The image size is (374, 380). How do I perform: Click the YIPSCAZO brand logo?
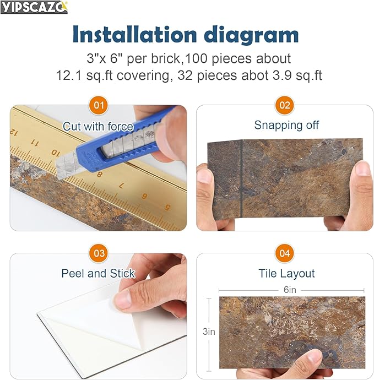tap(34, 7)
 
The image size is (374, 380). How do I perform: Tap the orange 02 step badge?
tap(285, 105)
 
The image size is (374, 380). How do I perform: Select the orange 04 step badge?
tap(285, 253)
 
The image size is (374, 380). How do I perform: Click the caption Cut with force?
tap(98, 127)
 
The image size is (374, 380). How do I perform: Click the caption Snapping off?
tap(286, 126)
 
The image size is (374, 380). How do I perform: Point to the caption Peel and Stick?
tap(98, 274)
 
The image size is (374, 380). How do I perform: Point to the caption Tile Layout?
tap(286, 274)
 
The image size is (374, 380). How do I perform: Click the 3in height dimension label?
tap(209, 332)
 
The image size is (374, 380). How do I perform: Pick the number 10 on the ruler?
tap(55, 151)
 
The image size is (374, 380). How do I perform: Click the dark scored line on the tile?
tap(242, 176)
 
